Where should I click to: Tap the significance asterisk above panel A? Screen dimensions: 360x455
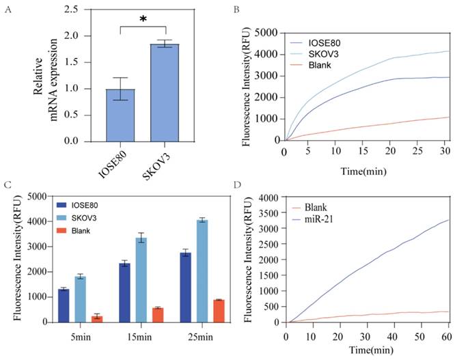143,19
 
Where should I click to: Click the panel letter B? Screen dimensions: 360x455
236,10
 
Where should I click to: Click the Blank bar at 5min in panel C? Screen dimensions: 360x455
97,318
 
